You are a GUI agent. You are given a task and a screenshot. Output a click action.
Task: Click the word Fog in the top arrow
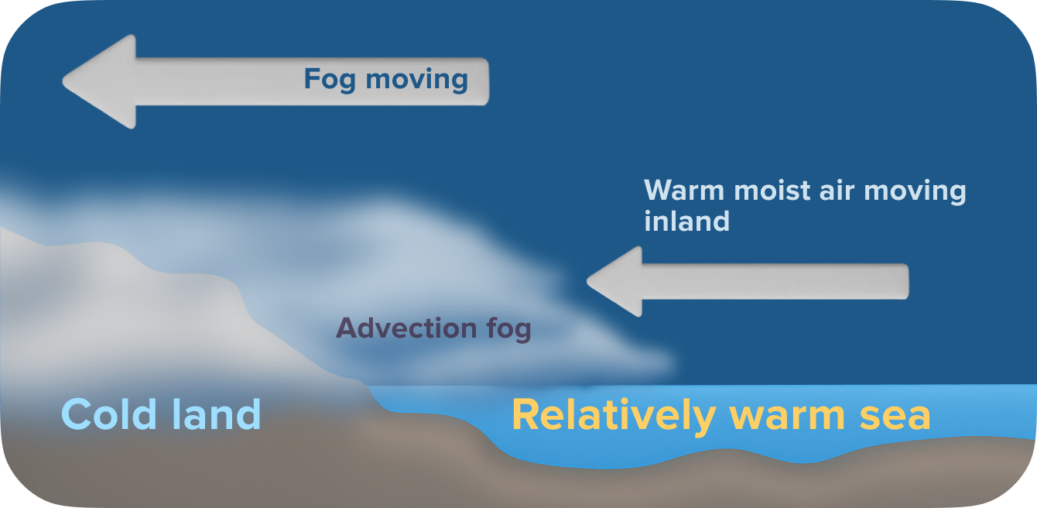click(330, 80)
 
